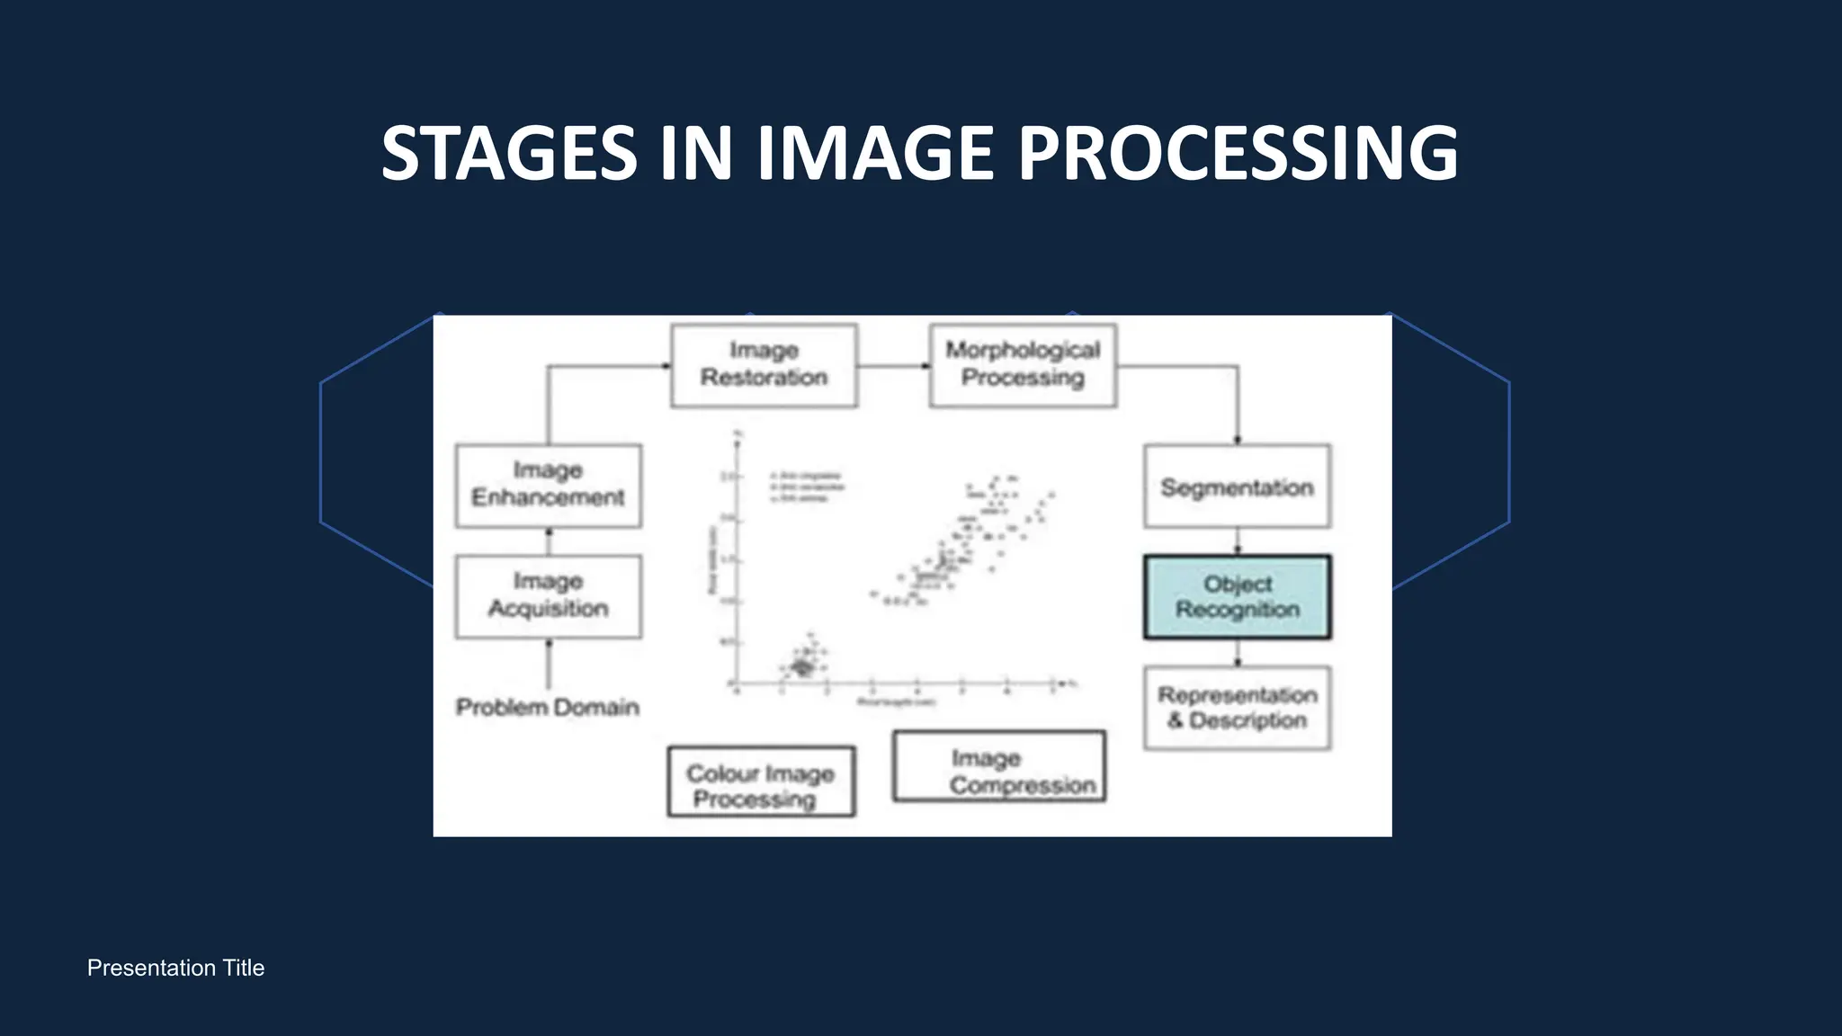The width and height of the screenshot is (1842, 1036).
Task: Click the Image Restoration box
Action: [764, 365]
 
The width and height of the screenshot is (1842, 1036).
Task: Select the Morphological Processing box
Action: [1023, 365]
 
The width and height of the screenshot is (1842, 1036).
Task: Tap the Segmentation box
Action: [1237, 487]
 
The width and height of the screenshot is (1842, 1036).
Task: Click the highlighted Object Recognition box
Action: [1237, 597]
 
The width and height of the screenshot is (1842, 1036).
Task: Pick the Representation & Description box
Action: [1237, 708]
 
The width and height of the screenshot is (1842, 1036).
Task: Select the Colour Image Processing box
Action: [761, 781]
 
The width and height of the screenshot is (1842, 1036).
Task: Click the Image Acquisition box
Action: [548, 596]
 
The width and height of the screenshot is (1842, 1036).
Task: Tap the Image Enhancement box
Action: [548, 486]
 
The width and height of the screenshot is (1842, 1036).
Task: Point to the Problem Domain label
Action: [547, 708]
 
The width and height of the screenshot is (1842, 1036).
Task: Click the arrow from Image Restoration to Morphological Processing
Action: [893, 366]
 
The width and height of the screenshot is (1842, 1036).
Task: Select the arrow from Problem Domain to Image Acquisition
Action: [549, 664]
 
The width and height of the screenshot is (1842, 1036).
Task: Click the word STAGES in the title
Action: [509, 154]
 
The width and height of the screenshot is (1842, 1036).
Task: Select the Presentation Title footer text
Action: [175, 969]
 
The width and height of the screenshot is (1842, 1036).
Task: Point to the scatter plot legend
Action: [807, 487]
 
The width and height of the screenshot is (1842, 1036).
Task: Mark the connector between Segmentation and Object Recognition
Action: [1238, 541]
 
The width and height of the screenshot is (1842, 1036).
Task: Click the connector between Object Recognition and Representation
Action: [1238, 653]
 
